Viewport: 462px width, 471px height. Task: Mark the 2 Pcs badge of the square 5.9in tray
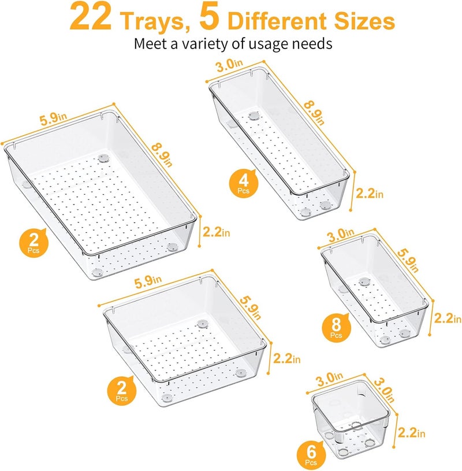[x=120, y=392]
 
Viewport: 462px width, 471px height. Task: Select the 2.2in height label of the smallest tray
[x=411, y=432]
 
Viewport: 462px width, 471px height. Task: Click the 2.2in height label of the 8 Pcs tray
[x=448, y=318]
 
